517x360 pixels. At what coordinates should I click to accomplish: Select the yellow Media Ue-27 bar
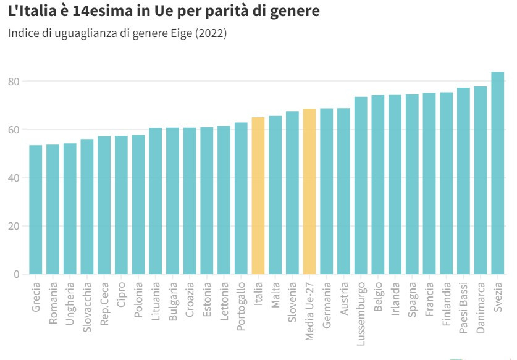point(309,191)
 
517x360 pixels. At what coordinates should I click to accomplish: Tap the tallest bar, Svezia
point(498,173)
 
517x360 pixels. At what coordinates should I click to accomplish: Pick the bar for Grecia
point(36,209)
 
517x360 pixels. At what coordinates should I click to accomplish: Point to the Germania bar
point(327,191)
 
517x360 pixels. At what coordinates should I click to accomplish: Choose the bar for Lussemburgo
point(361,185)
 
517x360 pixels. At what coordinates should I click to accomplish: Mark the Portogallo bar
point(241,198)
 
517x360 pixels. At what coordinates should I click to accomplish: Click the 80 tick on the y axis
point(14,82)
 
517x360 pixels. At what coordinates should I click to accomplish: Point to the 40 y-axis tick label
point(14,178)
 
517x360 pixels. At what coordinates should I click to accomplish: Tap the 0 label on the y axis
point(17,274)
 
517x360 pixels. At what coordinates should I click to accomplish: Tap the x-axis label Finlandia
point(447,301)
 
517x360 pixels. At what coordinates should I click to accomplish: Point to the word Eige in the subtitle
point(181,33)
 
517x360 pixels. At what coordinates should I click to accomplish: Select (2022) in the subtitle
point(211,33)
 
